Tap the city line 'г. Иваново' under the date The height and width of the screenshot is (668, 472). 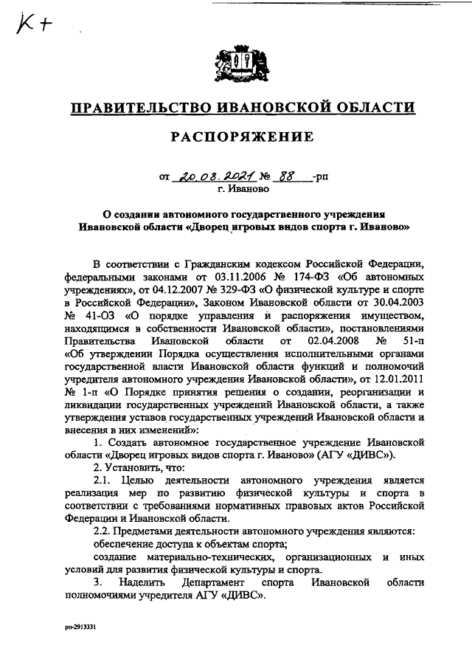tap(240, 190)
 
